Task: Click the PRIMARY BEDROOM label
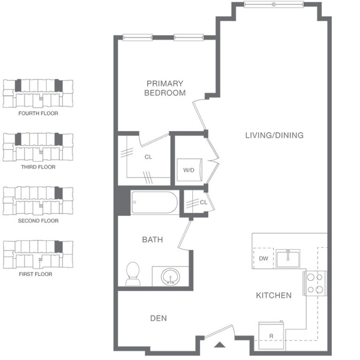[165, 88]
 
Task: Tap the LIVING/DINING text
[274, 135]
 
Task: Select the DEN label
[158, 318]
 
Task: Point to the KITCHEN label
[274, 295]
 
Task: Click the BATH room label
[152, 239]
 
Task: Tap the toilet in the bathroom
[133, 274]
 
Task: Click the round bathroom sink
[170, 277]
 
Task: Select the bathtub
[155, 202]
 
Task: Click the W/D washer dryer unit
[189, 170]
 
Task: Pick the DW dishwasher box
[263, 258]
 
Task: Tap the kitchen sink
[288, 259]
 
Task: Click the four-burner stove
[315, 283]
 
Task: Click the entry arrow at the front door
[220, 345]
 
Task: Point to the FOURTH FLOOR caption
[38, 113]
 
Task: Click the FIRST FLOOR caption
[36, 274]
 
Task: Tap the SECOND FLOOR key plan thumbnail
[38, 200]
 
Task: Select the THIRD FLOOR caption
[38, 167]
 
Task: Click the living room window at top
[274, 4]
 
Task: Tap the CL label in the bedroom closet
[148, 157]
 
